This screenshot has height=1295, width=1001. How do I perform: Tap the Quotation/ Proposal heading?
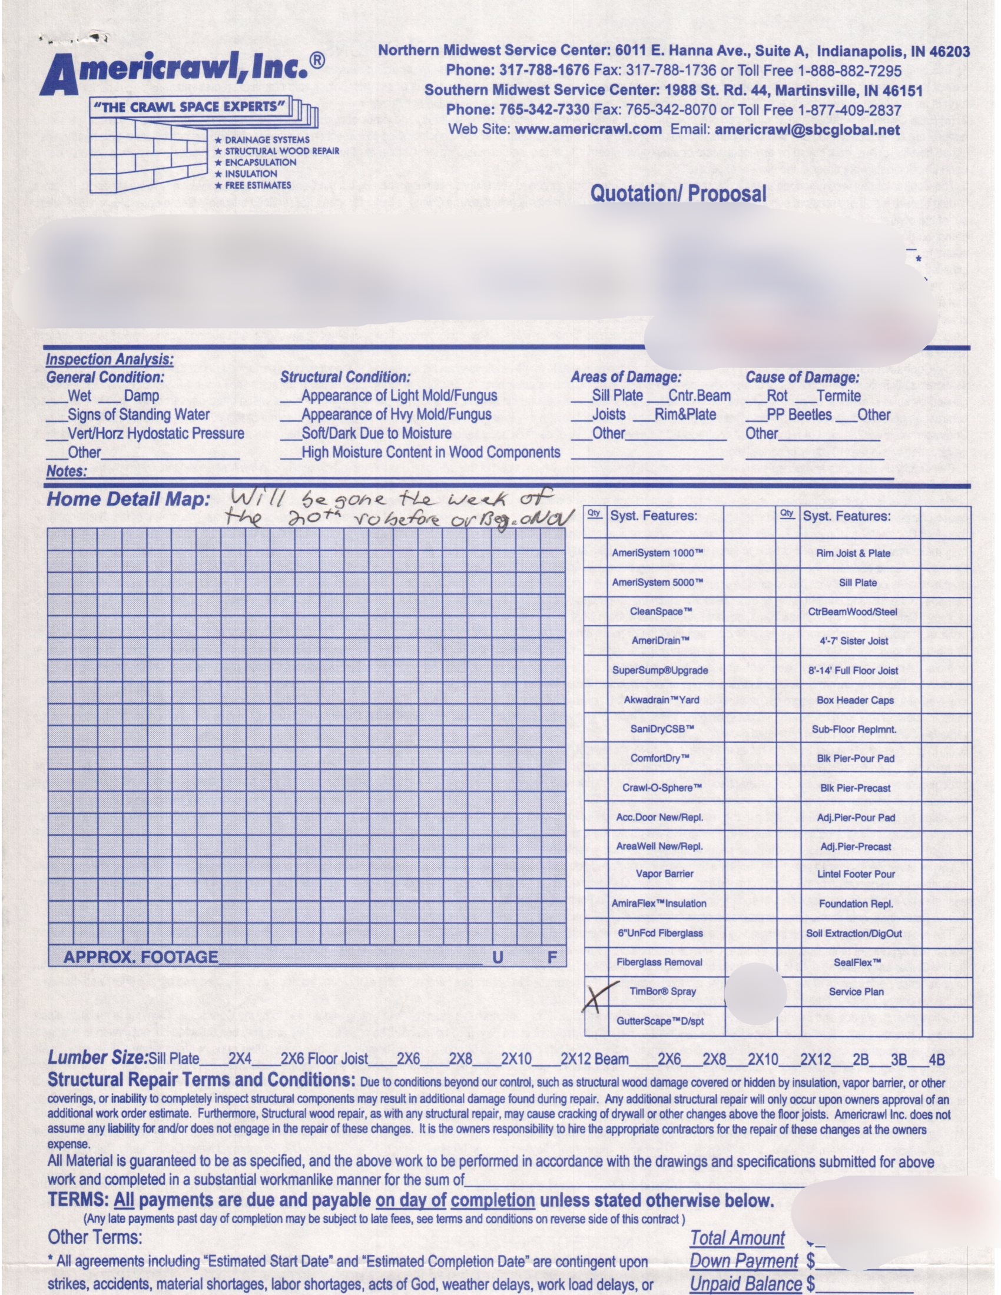point(678,193)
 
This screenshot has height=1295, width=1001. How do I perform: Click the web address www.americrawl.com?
point(588,129)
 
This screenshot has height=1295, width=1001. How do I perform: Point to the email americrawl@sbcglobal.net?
point(807,130)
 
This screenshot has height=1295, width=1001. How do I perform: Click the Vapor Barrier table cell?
point(664,874)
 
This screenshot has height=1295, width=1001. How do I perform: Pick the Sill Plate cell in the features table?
point(857,582)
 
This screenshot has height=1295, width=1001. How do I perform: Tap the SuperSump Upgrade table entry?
point(659,670)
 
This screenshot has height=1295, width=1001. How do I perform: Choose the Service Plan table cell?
point(856,991)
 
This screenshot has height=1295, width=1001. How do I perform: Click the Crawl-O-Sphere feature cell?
point(662,788)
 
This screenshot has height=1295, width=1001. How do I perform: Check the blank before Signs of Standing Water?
point(57,416)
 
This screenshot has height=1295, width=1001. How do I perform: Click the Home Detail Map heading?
point(128,499)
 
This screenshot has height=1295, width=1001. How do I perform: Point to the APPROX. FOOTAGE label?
point(141,957)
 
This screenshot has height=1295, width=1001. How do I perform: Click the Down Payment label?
point(744,1261)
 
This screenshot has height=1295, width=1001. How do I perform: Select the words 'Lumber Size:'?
point(97,1058)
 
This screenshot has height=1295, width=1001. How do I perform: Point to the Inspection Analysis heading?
point(110,359)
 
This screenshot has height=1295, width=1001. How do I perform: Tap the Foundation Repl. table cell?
point(856,903)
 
